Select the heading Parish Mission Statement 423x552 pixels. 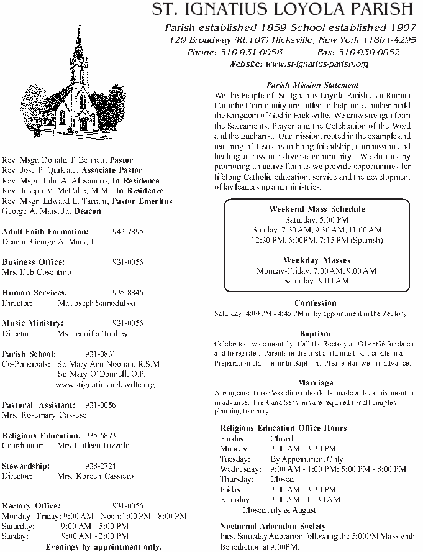312,85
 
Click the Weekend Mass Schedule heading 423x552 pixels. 317,209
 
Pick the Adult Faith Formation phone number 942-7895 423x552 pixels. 127,231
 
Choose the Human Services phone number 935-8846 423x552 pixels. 127,292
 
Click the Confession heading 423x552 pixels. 316,303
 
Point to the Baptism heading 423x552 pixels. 315,334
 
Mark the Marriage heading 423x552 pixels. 315,383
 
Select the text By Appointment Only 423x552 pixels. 307,459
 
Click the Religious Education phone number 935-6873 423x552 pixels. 100,436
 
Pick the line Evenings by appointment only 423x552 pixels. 103,546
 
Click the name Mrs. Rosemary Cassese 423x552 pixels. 44,415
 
